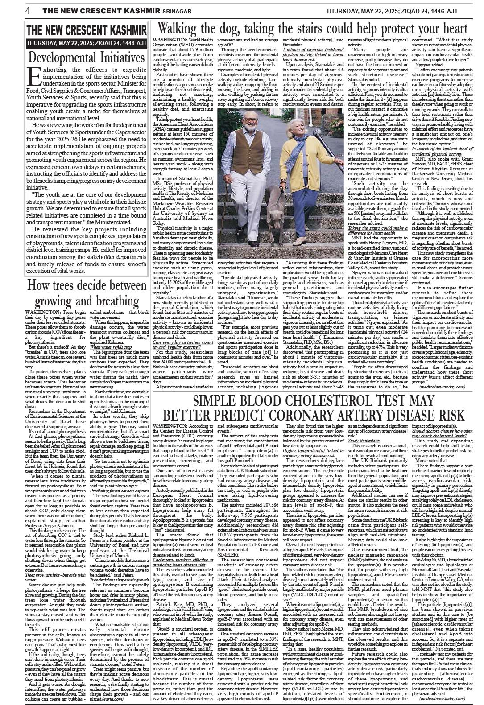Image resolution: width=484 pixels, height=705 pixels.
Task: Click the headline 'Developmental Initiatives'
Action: (86, 58)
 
